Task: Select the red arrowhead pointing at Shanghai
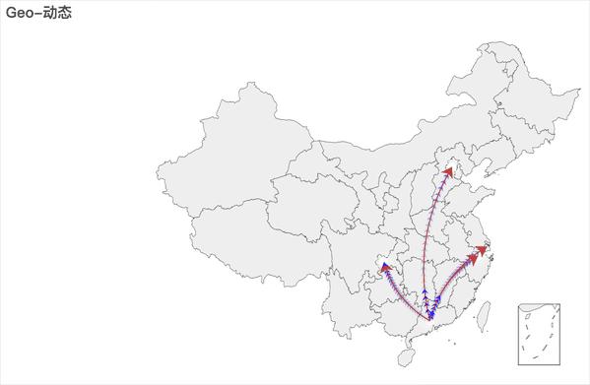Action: (x=481, y=251)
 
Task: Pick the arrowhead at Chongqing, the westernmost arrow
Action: (x=385, y=266)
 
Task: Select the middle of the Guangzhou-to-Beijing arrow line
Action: (x=426, y=241)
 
